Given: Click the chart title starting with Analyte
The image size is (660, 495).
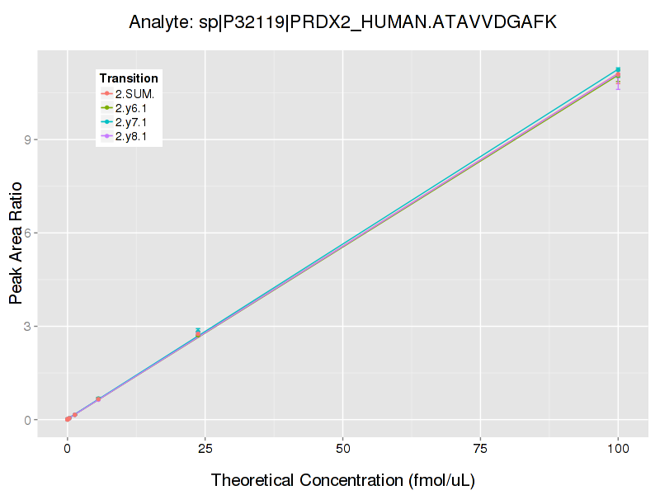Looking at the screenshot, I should tap(343, 22).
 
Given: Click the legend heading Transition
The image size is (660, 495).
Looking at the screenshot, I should tap(129, 78).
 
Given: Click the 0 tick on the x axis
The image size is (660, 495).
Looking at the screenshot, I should tap(68, 449).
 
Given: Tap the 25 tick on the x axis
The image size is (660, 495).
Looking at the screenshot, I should tap(205, 449).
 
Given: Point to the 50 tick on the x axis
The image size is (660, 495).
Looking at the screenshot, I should tap(342, 449).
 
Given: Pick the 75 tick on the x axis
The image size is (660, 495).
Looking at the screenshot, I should tap(480, 449).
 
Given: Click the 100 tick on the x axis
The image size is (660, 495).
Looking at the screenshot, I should tap(618, 449).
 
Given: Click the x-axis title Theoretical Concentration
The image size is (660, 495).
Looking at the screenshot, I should tap(343, 479).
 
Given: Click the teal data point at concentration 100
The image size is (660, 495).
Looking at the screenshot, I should tap(618, 69).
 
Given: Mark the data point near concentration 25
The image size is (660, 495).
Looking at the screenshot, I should tap(198, 334).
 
